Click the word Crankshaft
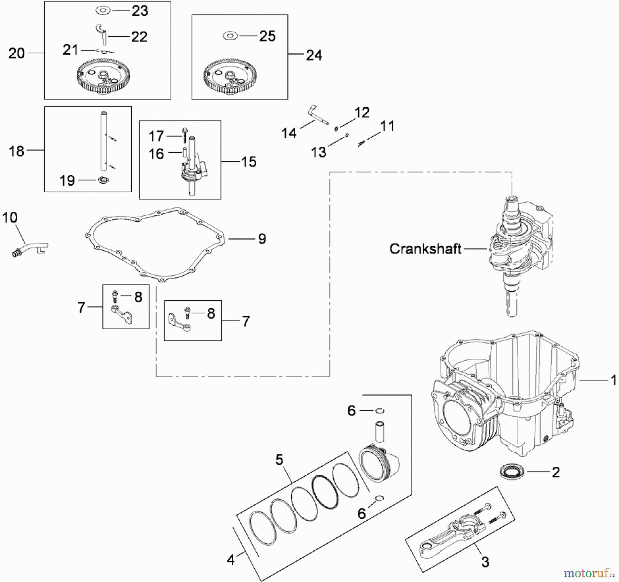click(x=425, y=249)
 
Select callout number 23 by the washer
click(x=140, y=11)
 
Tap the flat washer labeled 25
click(x=230, y=36)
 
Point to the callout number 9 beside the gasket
click(x=262, y=239)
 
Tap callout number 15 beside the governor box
click(x=249, y=162)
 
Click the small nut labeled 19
click(x=103, y=180)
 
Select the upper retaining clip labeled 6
click(x=380, y=411)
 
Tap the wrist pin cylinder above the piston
click(x=380, y=431)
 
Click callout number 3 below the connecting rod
click(x=485, y=562)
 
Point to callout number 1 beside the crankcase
click(x=613, y=380)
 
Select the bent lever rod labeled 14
click(x=317, y=116)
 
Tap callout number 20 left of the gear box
click(x=17, y=53)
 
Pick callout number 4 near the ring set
click(x=231, y=560)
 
